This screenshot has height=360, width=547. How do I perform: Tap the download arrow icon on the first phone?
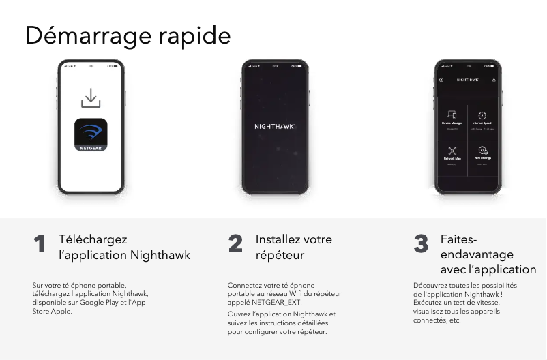pos(91,97)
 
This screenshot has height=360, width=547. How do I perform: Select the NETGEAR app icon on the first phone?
pos(91,135)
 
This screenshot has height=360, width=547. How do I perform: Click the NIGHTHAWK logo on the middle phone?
pos(274,127)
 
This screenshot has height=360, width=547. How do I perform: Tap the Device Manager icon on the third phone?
pos(452,115)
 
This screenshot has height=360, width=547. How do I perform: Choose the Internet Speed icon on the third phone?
pos(482,115)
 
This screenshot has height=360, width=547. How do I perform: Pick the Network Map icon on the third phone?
pos(452,151)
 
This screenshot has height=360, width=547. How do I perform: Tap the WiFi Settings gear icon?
pos(482,150)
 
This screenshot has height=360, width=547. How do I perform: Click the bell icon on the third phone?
pos(494,80)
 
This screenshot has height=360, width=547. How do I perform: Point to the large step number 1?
pos(40,243)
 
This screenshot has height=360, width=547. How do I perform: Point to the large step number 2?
pos(235,243)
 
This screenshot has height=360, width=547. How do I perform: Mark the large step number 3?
pos(421,243)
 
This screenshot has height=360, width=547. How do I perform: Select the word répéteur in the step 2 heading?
pos(280,255)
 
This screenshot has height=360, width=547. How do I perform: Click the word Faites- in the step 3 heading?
pos(458,239)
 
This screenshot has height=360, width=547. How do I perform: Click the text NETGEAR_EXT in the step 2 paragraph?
pos(276,301)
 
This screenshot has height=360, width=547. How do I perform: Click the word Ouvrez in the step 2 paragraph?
pos(238,314)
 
